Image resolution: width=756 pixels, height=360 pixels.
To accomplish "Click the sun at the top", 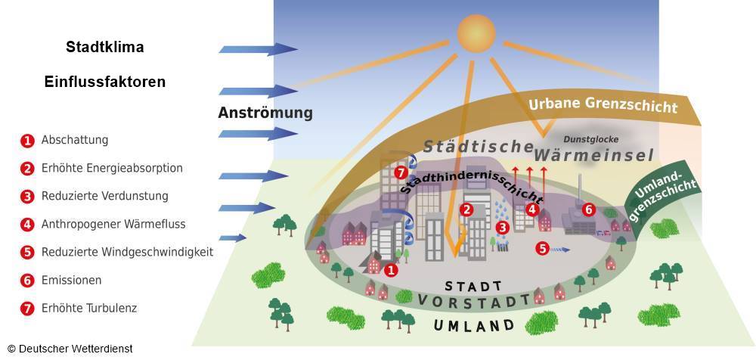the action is coord(476,33).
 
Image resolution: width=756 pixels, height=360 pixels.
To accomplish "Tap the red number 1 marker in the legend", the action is coord(27,141).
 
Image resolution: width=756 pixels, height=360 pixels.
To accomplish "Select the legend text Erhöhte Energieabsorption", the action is coord(112,168).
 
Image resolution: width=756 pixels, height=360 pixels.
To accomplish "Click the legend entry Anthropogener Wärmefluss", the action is coord(113,224).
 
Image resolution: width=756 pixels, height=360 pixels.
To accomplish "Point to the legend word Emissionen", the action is coord(71,280).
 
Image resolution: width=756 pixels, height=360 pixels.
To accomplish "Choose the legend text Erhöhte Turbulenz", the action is coord(89,308).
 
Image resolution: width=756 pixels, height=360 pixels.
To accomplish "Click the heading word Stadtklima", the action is coord(104,48).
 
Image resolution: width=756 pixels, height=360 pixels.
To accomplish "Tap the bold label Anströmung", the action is coord(265,113).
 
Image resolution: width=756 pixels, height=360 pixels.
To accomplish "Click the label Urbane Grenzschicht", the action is coord(603,104).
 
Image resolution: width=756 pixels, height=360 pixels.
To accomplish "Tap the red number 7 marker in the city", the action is coord(401,172).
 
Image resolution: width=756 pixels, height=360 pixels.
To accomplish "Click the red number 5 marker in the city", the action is coord(543,249).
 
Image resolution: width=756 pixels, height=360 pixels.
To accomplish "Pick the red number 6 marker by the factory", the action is coord(588,209).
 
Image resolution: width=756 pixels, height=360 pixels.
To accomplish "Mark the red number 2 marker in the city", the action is coord(466,209).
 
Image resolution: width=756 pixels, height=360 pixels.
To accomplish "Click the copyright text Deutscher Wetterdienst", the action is coord(70,349).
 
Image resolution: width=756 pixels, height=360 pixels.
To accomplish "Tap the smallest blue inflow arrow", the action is coord(232,238).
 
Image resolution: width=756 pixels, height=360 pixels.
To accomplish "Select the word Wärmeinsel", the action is coord(594,155).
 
